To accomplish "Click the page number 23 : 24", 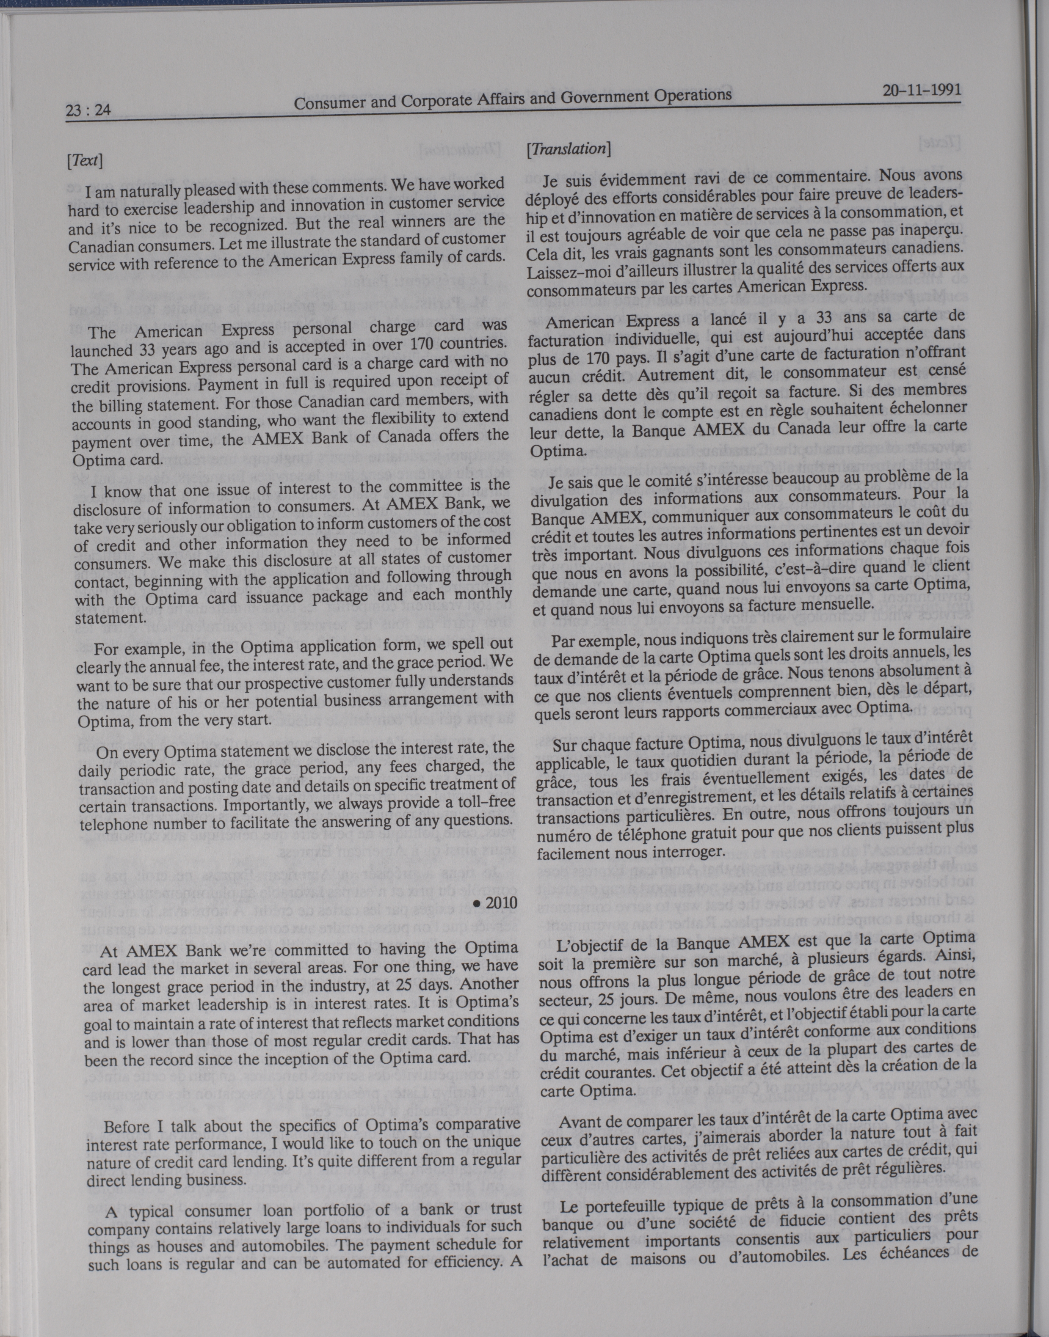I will (87, 112).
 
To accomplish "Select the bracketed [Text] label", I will (85, 161).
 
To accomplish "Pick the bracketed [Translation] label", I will (569, 149).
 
